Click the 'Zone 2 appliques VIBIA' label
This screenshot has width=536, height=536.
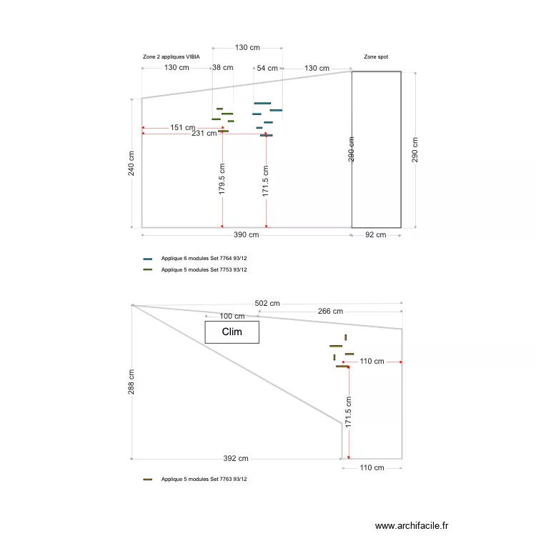tap(172, 56)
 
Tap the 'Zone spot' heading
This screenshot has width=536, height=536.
tap(376, 56)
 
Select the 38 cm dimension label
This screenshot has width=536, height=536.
tap(222, 68)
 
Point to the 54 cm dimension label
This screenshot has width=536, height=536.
tap(267, 68)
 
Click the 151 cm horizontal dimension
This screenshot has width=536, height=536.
tap(182, 128)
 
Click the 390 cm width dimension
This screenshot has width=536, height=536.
tap(246, 234)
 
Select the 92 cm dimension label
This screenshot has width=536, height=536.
tap(375, 234)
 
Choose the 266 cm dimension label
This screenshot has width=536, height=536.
tap(329, 311)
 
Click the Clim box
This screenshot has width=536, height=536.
tap(232, 332)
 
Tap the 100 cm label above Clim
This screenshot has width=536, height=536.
tap(232, 316)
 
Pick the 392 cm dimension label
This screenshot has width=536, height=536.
tap(236, 458)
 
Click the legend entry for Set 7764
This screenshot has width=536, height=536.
tap(204, 258)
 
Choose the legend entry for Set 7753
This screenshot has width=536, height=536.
tap(204, 269)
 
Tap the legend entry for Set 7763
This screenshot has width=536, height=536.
tap(204, 479)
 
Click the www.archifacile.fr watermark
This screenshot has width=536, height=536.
tap(411, 525)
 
